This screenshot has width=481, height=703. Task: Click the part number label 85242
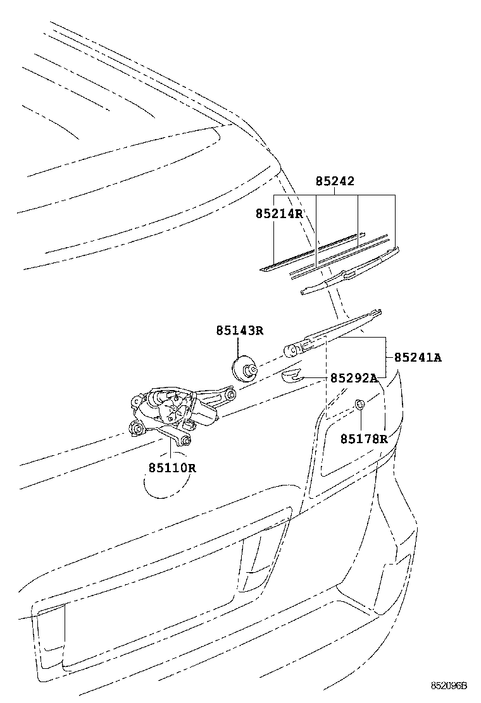[335, 181]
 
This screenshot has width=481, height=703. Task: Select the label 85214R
[279, 214]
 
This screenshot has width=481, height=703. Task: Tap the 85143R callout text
[239, 330]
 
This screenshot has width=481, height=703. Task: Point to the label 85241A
[418, 357]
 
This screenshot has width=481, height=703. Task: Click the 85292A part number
[353, 378]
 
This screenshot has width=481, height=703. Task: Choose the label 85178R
[363, 438]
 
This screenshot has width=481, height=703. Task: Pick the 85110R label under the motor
[173, 468]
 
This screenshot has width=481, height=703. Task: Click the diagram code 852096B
[449, 685]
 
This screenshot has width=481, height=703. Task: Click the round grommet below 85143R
[243, 369]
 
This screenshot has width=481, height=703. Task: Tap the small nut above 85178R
[359, 404]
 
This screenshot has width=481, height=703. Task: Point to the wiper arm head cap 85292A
[290, 377]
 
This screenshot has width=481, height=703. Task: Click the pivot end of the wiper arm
[293, 348]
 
